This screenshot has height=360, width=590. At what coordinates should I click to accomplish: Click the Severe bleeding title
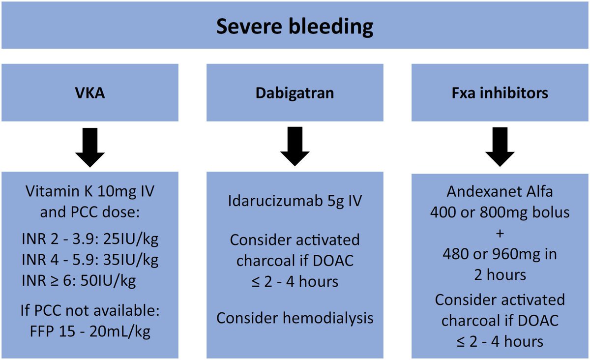click(295, 27)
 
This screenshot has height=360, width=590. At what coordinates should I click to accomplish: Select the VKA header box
click(89, 93)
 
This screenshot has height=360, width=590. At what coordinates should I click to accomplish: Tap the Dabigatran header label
click(295, 93)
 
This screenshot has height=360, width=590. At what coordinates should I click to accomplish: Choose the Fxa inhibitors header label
click(500, 93)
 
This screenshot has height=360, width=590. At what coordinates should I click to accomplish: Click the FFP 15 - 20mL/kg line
click(89, 331)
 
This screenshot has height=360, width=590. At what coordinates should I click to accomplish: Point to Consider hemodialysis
click(295, 318)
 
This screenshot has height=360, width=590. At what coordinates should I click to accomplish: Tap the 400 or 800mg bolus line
click(500, 212)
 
